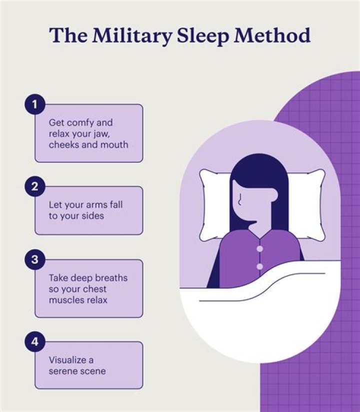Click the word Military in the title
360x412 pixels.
(132, 36)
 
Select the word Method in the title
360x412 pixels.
(272, 35)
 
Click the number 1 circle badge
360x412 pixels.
(35, 104)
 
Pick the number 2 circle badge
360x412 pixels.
(35, 187)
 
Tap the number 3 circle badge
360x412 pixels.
(35, 260)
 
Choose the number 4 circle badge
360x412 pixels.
(35, 342)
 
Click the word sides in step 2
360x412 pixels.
(93, 216)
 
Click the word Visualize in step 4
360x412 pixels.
(67, 360)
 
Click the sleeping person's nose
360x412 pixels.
(239, 199)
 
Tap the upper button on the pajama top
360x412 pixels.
(260, 249)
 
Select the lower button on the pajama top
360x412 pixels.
(260, 267)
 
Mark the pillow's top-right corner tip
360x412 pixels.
(323, 171)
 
